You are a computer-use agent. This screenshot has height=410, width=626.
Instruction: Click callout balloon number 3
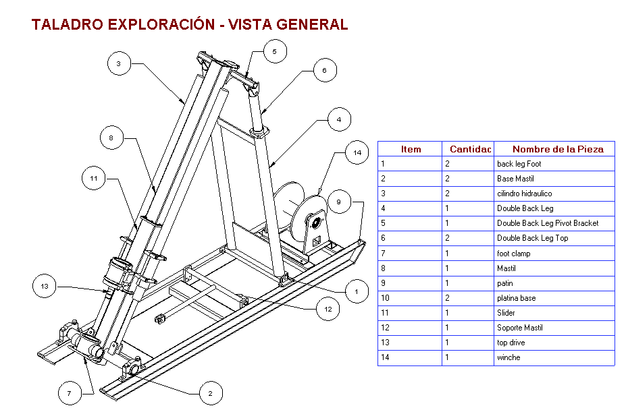point(118,64)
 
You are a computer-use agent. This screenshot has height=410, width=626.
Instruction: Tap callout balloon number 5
point(275,51)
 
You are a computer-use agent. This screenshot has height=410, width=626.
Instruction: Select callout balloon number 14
point(357,153)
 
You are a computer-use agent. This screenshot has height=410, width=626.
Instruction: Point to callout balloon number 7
point(69,392)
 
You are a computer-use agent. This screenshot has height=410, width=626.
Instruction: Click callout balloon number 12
point(328,310)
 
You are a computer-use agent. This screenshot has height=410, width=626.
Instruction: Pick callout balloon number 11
point(94,179)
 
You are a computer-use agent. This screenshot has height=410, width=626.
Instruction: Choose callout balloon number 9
point(340,201)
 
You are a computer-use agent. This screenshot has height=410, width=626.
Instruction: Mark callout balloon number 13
point(45,287)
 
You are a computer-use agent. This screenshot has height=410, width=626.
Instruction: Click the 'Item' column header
point(411,149)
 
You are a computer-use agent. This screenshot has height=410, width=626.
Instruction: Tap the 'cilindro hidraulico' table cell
point(524,194)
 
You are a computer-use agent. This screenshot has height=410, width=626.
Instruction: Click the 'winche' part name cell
point(508,357)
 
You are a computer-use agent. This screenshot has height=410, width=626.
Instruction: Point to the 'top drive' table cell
point(511,343)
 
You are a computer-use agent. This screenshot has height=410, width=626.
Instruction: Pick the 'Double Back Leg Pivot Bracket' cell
point(547,223)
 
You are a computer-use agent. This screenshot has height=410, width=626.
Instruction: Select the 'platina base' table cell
point(516,298)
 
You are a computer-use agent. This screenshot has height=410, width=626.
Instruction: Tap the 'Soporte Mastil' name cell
point(519,328)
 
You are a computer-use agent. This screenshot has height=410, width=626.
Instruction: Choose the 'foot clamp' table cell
point(513,254)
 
